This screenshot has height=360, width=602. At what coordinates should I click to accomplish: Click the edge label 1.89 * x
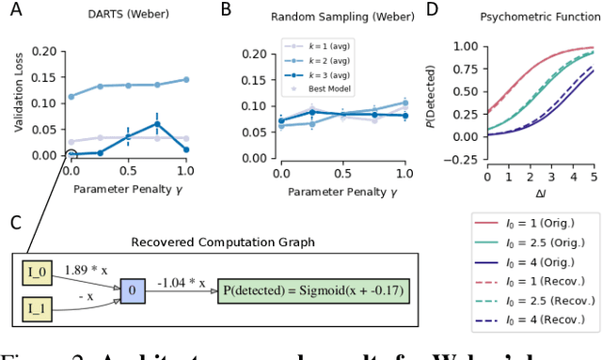[86, 270]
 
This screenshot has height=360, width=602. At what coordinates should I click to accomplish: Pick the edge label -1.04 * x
[182, 281]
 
